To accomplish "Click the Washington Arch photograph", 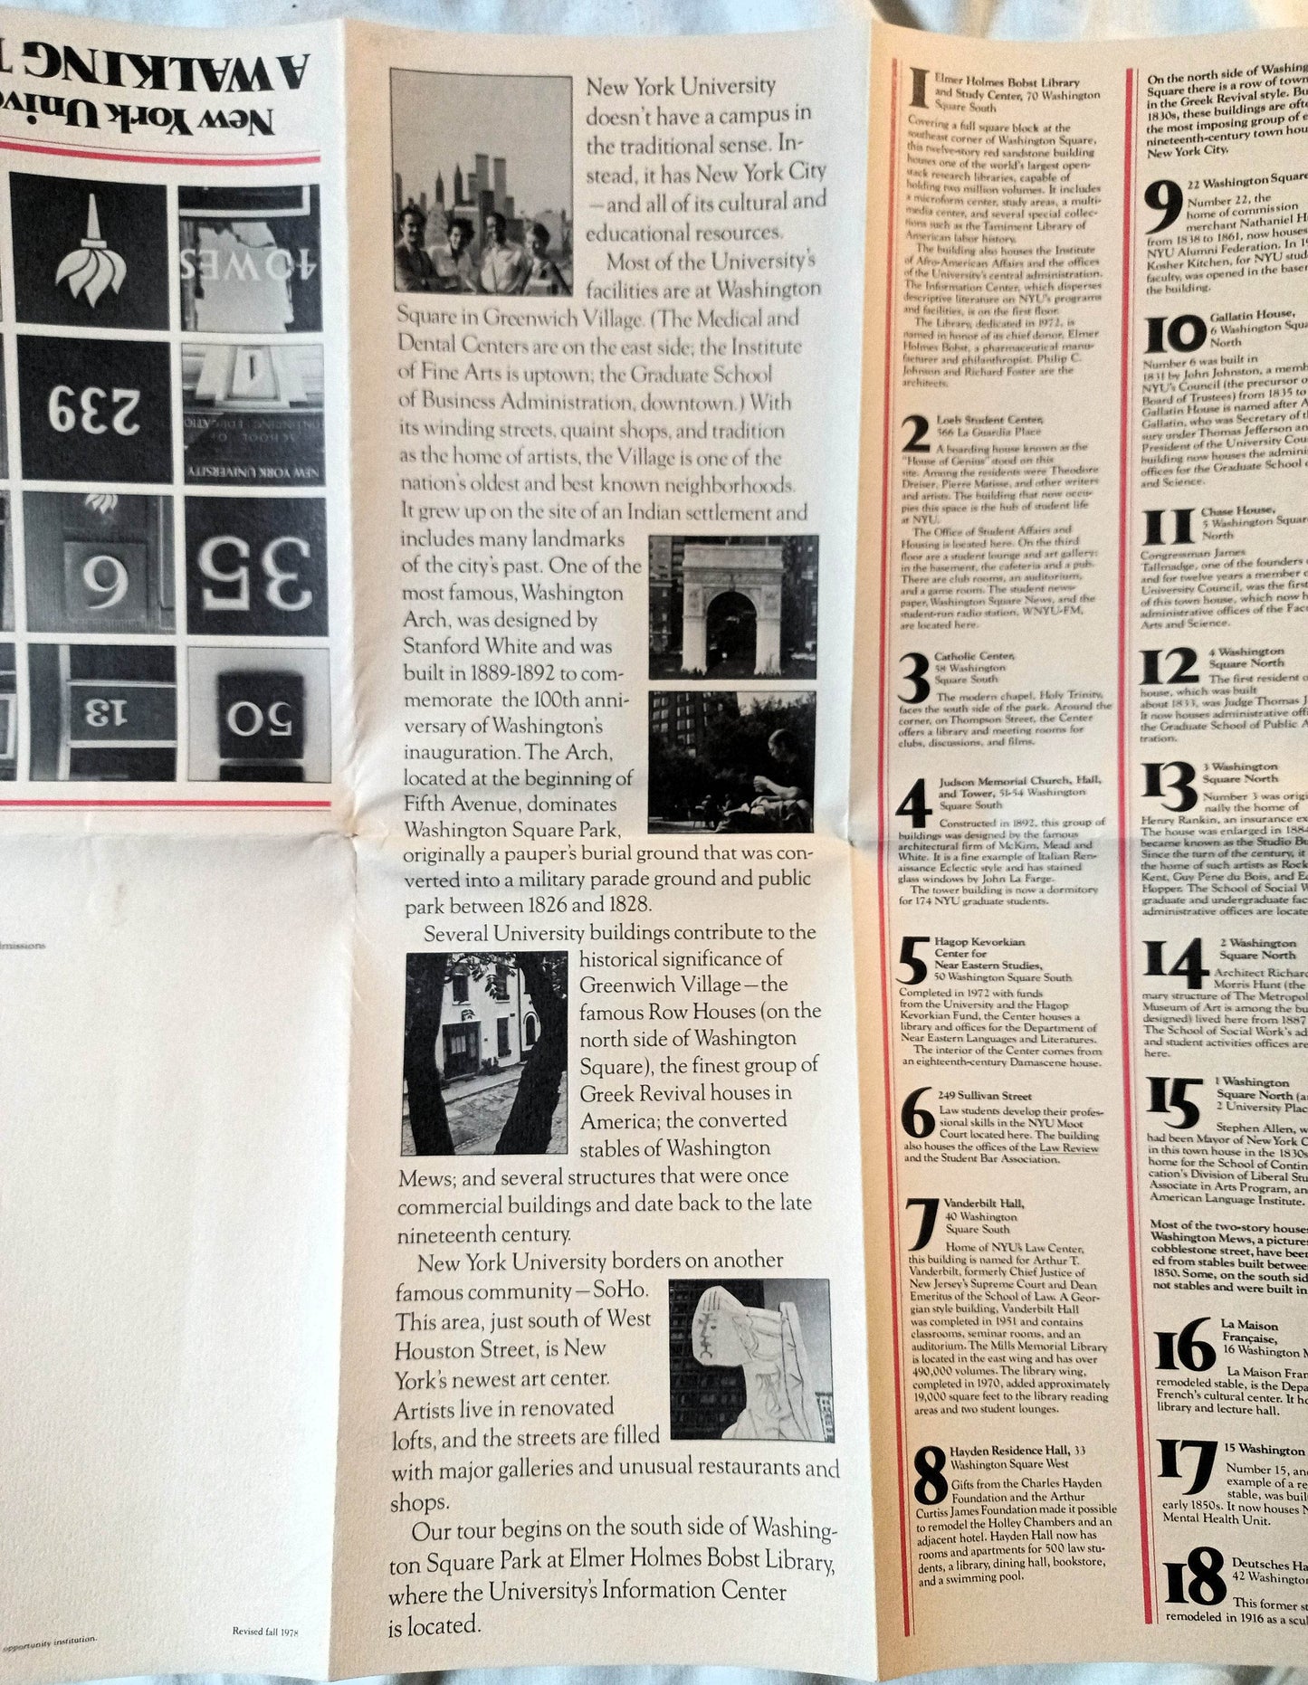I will (x=733, y=606).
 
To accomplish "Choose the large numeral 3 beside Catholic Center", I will (x=921, y=678).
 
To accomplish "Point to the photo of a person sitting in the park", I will (x=733, y=762).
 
